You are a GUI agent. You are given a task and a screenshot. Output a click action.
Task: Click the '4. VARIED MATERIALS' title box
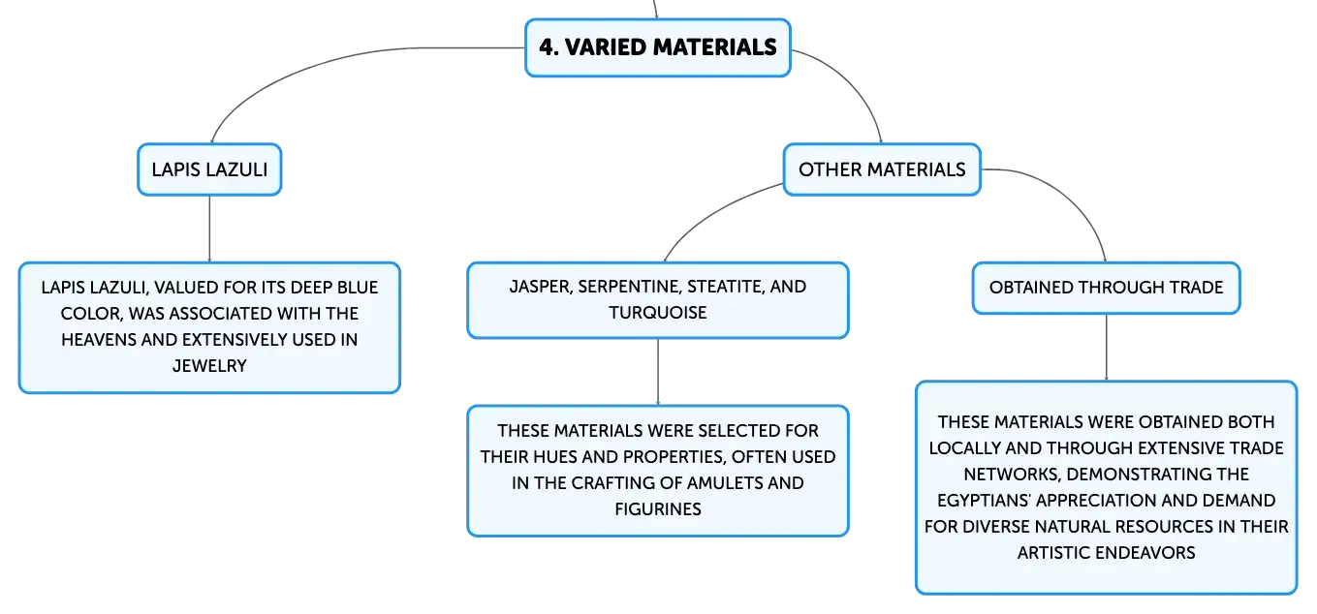(658, 47)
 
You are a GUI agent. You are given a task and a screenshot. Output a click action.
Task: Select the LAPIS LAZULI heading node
(209, 169)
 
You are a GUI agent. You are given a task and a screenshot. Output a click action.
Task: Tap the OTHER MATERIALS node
(882, 169)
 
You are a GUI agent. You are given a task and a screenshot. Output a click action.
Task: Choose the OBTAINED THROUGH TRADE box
(1106, 288)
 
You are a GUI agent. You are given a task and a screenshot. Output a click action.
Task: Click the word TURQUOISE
(658, 313)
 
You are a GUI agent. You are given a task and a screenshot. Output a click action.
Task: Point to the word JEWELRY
(209, 366)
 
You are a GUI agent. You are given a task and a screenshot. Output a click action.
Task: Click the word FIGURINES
(658, 508)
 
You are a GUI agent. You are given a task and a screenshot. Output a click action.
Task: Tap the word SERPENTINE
(630, 287)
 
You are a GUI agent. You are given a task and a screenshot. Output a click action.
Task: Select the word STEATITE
(726, 287)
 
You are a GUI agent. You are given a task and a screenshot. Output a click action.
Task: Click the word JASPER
(541, 287)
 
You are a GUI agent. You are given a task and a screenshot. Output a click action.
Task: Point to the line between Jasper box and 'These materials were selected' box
(658, 372)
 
